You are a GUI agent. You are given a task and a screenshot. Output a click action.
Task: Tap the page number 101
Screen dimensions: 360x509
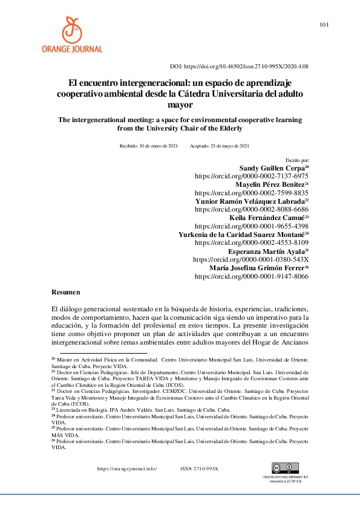(324, 25)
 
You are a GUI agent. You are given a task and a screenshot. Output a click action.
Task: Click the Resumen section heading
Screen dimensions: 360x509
(67, 292)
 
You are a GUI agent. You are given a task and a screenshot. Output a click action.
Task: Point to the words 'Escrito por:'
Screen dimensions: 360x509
(297, 160)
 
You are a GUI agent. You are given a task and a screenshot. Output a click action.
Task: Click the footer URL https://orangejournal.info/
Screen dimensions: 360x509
(128, 469)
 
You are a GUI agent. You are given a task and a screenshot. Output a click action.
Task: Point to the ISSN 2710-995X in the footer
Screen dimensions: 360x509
(199, 469)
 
